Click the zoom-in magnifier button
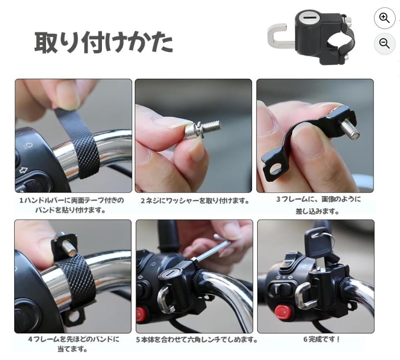(384, 18)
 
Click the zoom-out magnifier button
(384, 43)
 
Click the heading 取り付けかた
(103, 42)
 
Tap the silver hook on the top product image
(278, 36)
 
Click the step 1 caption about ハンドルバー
(72, 206)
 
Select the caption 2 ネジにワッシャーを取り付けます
(195, 201)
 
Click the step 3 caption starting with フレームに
(318, 205)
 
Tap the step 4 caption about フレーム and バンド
(74, 344)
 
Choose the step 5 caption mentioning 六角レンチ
(197, 340)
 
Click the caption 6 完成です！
(322, 339)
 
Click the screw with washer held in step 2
(203, 129)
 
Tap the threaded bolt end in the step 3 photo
(350, 129)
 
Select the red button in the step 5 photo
(141, 314)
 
